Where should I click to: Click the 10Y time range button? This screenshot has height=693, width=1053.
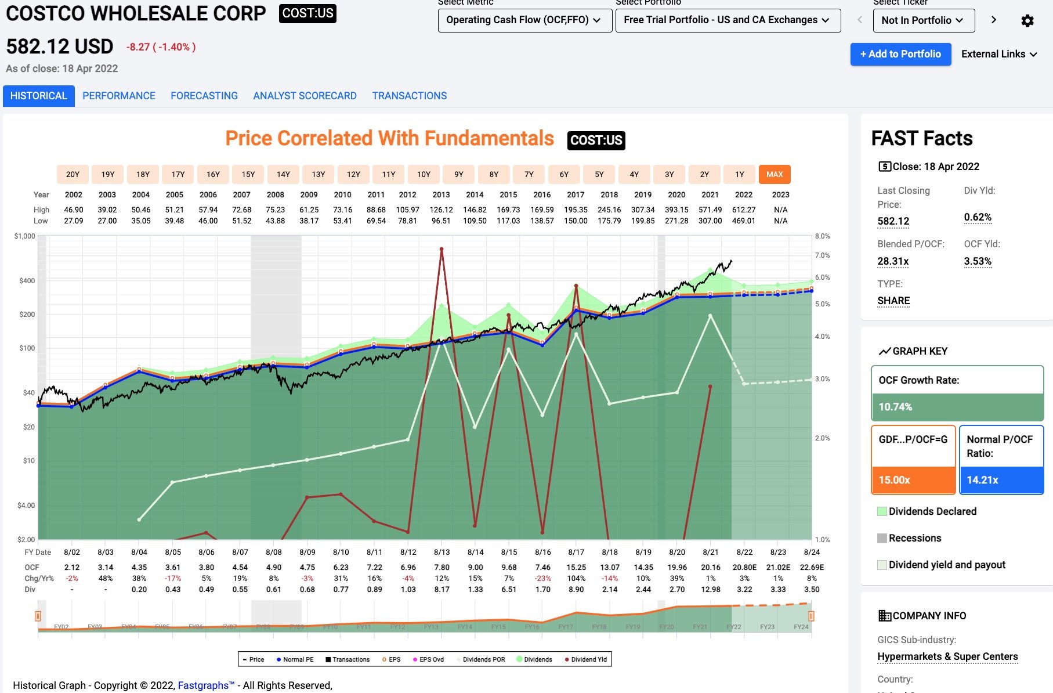(x=424, y=174)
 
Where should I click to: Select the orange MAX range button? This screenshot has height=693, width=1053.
(x=775, y=174)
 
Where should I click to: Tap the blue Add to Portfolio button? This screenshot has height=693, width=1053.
(x=900, y=54)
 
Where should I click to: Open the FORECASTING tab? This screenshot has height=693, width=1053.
(x=204, y=96)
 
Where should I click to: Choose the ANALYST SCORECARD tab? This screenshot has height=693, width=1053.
(x=305, y=96)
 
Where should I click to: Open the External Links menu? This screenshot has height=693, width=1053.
(x=998, y=54)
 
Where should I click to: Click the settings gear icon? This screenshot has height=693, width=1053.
(x=1027, y=21)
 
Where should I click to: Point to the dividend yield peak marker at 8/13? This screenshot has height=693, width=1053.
(x=442, y=250)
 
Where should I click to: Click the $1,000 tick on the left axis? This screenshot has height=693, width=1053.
(x=25, y=236)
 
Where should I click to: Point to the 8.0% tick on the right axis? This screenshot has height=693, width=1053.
(x=822, y=236)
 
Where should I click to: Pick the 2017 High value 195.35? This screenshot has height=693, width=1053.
(x=576, y=210)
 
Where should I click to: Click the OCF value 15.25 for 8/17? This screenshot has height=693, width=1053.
(x=576, y=567)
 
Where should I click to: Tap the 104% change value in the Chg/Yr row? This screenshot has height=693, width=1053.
(x=576, y=578)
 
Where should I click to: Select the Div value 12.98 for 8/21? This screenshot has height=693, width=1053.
(x=711, y=589)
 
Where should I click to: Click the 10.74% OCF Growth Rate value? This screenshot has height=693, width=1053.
(x=895, y=407)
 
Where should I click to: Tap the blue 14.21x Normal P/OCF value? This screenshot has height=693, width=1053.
(x=982, y=480)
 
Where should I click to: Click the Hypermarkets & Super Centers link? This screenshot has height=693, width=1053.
(x=947, y=656)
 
